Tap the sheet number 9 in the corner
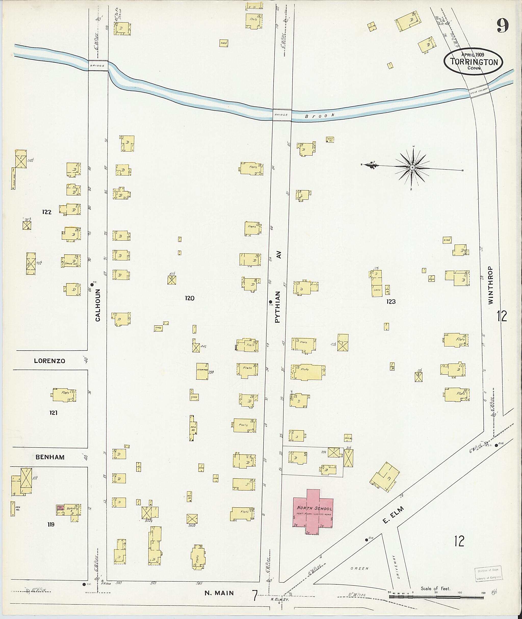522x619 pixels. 502,26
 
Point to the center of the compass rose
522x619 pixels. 412,167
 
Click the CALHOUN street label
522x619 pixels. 98,305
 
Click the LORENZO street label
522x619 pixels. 49,361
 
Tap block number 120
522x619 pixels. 189,298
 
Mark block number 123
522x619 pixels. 391,301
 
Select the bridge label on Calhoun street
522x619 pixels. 97,66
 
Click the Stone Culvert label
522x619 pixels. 478,93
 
